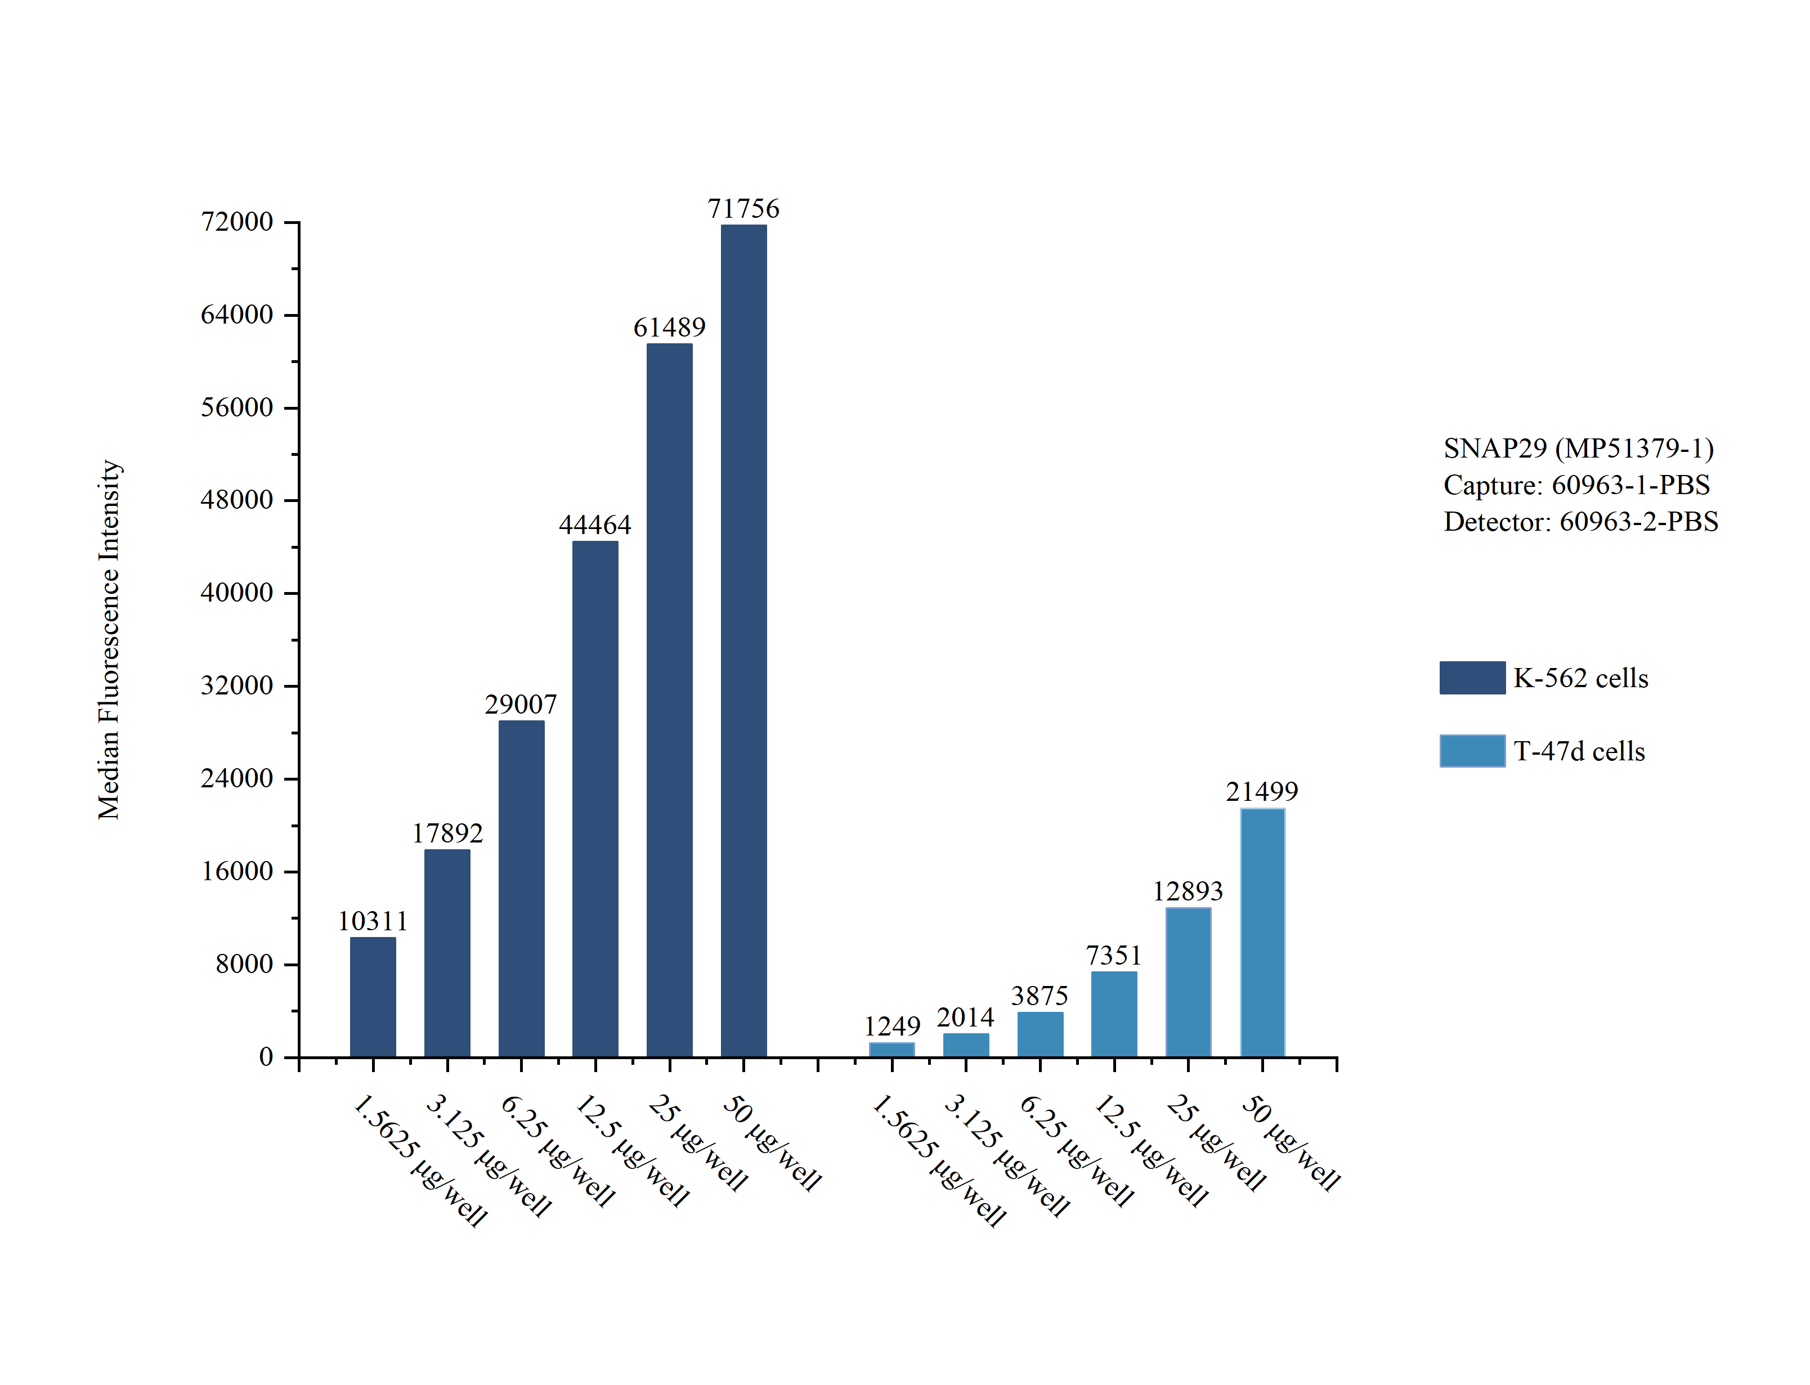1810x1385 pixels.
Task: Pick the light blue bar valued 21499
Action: (1261, 933)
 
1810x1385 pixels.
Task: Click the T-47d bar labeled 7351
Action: (1114, 1014)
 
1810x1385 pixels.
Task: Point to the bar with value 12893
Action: (1188, 982)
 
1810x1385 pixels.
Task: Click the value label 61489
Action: (669, 328)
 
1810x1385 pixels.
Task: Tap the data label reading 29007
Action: (521, 704)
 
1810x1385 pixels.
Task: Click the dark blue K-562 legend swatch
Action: (1472, 678)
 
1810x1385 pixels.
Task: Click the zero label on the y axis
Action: (266, 1056)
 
